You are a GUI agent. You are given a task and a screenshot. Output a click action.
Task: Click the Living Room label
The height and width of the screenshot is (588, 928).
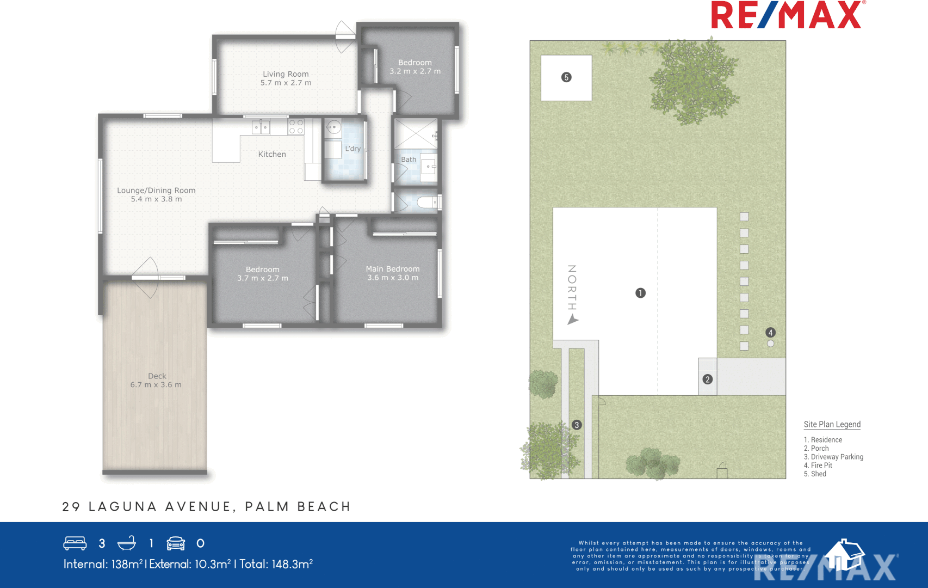pos(286,74)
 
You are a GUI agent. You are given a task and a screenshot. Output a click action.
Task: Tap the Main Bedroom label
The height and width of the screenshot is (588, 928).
pos(393,269)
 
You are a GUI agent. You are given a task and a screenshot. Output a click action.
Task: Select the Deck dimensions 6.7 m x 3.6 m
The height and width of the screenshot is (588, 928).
pos(156,385)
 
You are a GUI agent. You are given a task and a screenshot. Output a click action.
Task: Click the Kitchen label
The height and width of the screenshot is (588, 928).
pos(272,155)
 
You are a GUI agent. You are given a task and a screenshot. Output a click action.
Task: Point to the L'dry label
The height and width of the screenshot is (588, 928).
pos(352,149)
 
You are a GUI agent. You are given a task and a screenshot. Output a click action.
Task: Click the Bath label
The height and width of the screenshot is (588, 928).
pos(409,160)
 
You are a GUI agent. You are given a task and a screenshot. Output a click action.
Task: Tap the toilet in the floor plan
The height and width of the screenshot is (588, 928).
pos(426,203)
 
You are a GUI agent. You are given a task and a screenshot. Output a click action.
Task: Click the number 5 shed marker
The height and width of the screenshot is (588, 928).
pos(566,77)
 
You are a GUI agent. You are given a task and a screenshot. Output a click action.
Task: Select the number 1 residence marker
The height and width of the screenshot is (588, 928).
pos(640,293)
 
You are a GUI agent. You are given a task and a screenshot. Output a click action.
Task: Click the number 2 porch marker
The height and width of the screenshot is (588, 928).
pos(707,379)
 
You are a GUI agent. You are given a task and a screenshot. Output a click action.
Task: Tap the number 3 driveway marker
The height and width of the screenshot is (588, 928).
pos(577,425)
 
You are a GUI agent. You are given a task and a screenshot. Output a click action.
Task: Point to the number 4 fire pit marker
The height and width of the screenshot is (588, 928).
pos(770,333)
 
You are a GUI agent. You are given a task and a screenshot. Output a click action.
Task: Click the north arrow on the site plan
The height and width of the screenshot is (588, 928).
pos(573,320)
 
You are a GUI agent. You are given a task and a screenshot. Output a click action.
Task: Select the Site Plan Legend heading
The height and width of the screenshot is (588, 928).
pos(832,425)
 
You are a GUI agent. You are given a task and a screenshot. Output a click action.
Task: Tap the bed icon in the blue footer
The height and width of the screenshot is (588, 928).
pos(75,543)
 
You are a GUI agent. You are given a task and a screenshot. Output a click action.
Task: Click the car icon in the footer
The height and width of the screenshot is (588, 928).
pos(176,543)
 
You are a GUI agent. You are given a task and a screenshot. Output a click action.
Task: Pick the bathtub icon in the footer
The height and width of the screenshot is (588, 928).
pos(127,543)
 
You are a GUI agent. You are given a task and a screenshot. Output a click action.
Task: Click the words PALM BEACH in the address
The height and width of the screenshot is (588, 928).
pos(298,507)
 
